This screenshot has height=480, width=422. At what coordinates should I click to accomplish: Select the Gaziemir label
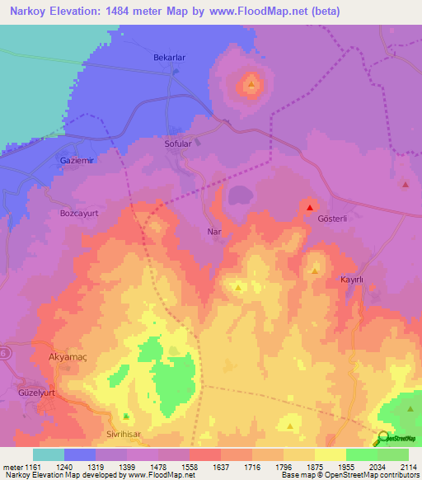pyautogui.click(x=77, y=160)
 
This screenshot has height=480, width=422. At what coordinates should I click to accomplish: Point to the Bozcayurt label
pyautogui.click(x=79, y=213)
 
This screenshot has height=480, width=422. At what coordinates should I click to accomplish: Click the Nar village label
pyautogui.click(x=213, y=233)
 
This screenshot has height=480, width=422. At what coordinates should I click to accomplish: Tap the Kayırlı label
pyautogui.click(x=352, y=280)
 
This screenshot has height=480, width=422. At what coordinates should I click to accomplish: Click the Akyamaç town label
pyautogui.click(x=63, y=358)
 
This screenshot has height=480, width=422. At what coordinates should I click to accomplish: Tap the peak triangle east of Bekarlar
pyautogui.click(x=251, y=83)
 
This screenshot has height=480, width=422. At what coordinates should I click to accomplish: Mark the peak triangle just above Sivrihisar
pyautogui.click(x=126, y=416)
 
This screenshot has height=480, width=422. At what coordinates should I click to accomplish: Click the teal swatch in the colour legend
pyautogui.click(x=48, y=454)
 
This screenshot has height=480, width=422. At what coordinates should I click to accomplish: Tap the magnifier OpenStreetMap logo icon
pyautogui.click(x=383, y=439)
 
